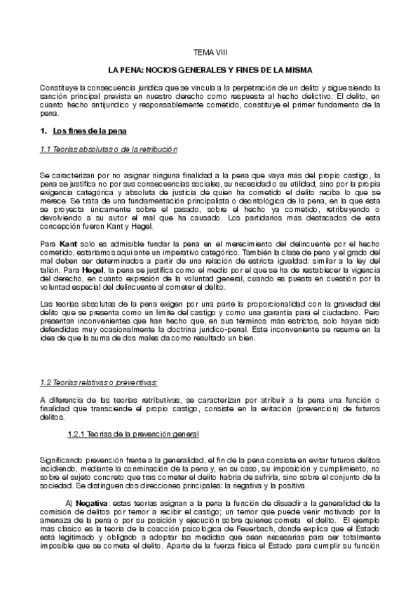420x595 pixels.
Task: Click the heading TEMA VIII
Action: pyautogui.click(x=210, y=53)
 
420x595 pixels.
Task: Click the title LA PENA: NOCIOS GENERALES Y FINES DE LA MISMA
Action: pyautogui.click(x=210, y=71)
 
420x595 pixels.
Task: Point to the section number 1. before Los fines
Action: pyautogui.click(x=44, y=132)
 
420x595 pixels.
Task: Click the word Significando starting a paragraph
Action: pyautogui.click(x=65, y=459)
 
